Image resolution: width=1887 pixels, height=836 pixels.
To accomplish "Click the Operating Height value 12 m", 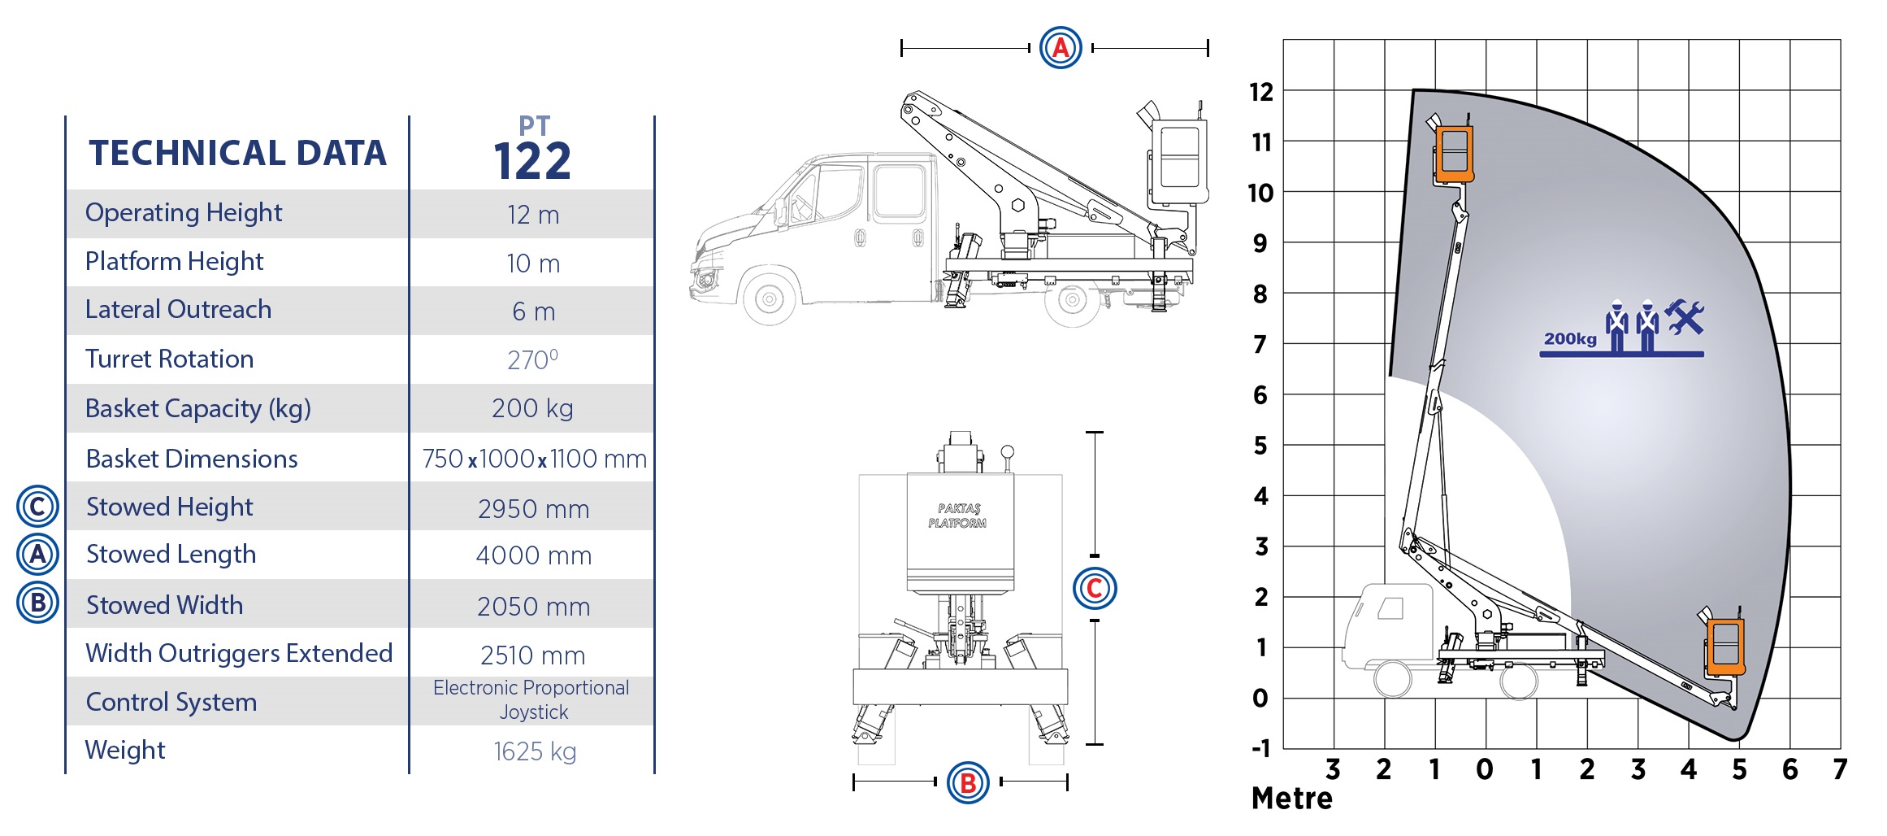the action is [533, 215].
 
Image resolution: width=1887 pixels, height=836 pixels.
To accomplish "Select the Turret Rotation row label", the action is [169, 359].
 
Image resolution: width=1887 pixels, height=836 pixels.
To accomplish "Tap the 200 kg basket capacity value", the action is [532, 408].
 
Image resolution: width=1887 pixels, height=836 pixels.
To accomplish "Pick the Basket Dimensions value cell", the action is [534, 459].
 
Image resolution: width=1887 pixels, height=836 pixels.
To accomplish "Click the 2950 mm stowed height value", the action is [533, 509].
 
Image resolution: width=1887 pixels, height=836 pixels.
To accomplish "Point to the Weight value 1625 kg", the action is [535, 751].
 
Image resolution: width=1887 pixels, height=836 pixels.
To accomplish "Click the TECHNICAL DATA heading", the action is [237, 153].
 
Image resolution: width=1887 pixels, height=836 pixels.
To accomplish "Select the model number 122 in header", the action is [532, 161].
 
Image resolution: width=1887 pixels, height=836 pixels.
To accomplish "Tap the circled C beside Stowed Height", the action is [37, 507].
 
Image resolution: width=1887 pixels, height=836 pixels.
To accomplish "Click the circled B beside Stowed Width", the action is [37, 603].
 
